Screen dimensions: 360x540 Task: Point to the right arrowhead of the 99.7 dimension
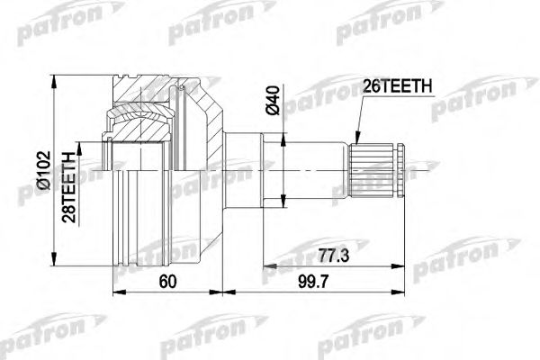400,291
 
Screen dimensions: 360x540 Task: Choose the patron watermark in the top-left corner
54,27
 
